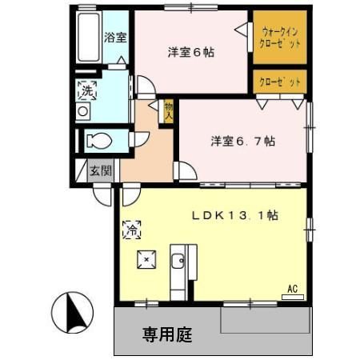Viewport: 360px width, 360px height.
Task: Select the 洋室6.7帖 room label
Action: [243, 141]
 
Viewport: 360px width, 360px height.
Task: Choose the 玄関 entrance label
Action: [100, 170]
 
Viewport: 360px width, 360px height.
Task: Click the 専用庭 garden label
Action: [167, 333]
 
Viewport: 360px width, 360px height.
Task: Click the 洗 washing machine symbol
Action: [86, 91]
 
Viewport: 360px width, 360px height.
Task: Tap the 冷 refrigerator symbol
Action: [131, 230]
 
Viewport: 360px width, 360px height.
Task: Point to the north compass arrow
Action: [72, 312]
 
